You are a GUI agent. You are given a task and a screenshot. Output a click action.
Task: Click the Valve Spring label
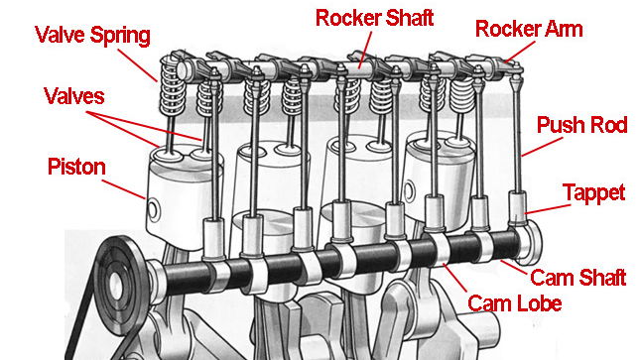point(92,36)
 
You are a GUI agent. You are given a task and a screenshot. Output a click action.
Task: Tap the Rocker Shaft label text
point(374,19)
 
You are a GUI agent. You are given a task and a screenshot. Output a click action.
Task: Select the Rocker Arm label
point(529,30)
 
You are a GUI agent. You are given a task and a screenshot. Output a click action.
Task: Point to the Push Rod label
point(581,125)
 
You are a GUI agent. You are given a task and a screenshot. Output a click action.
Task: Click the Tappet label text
point(593,193)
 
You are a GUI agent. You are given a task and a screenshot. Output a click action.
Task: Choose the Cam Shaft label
point(577,278)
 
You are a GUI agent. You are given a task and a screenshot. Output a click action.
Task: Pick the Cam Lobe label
point(514,303)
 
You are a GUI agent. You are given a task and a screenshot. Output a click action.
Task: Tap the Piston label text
point(76,168)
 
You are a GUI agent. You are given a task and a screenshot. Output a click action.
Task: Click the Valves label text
point(74,97)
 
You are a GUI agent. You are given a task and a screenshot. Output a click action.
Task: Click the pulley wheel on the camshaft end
point(119,282)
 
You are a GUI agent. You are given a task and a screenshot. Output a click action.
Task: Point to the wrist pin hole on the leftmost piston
point(153,210)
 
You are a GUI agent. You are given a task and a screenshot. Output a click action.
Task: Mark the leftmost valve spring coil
point(173,85)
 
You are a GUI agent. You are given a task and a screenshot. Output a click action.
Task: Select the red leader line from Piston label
point(124,189)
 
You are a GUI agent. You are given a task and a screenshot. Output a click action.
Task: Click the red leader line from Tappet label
point(548,209)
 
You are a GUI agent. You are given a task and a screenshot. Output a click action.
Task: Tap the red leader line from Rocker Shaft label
point(365,50)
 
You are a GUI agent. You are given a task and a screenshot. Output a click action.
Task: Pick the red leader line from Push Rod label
point(542,148)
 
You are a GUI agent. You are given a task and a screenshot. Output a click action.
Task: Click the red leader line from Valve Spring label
point(138,65)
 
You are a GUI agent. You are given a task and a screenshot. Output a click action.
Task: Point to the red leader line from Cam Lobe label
point(454,278)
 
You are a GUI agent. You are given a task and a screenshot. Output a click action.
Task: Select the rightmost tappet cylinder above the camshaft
point(518,208)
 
